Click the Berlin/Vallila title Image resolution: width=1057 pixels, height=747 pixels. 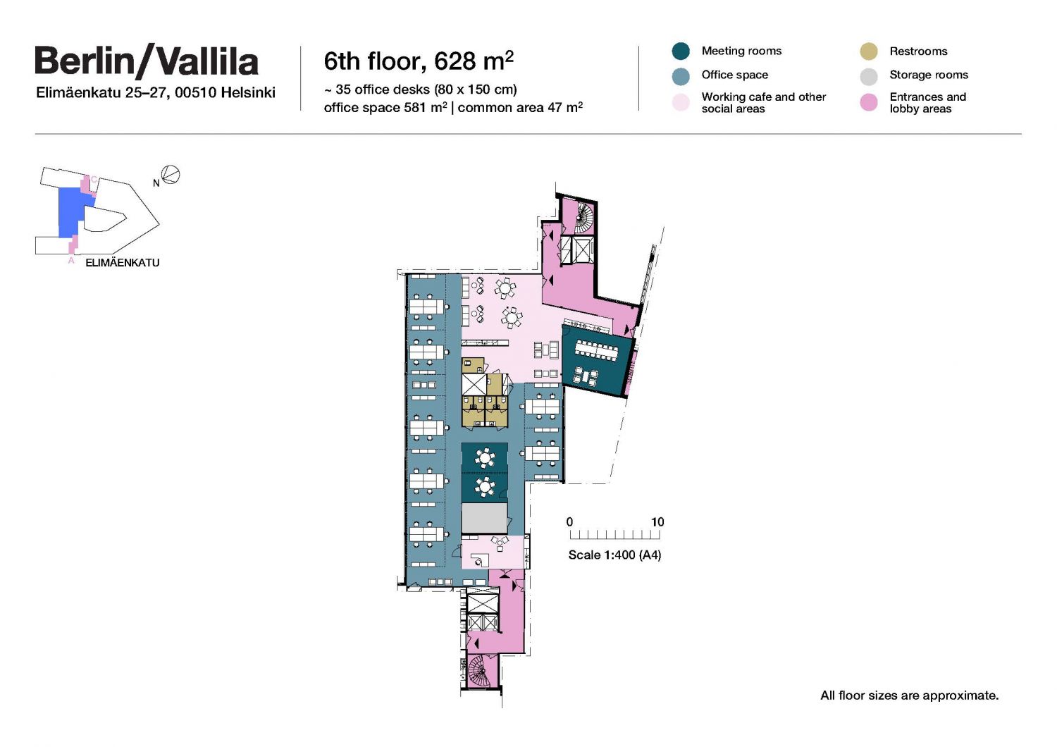pyautogui.click(x=147, y=61)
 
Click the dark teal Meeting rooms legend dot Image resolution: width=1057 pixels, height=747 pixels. pyautogui.click(x=681, y=51)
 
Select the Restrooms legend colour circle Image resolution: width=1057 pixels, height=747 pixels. pyautogui.click(x=869, y=51)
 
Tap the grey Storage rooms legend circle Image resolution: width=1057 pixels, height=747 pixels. pyautogui.click(x=869, y=76)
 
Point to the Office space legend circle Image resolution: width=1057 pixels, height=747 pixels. pyautogui.click(x=681, y=76)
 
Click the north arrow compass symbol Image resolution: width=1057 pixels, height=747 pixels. pyautogui.click(x=171, y=175)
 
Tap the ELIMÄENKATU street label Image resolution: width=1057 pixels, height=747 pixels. pyautogui.click(x=122, y=263)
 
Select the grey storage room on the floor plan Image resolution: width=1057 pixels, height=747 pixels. pyautogui.click(x=484, y=518)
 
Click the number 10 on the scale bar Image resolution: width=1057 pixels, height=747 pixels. pyautogui.click(x=657, y=522)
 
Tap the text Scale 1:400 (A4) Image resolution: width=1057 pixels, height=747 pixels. pyautogui.click(x=614, y=555)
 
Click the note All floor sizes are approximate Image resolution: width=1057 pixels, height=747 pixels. pyautogui.click(x=909, y=696)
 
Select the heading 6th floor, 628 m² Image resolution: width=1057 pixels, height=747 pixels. pyautogui.click(x=419, y=61)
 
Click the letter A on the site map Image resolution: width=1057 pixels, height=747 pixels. pyautogui.click(x=71, y=261)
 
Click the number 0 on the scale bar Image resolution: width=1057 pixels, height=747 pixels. pyautogui.click(x=569, y=522)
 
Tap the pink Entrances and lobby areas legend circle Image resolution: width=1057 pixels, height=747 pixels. pyautogui.click(x=869, y=102)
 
